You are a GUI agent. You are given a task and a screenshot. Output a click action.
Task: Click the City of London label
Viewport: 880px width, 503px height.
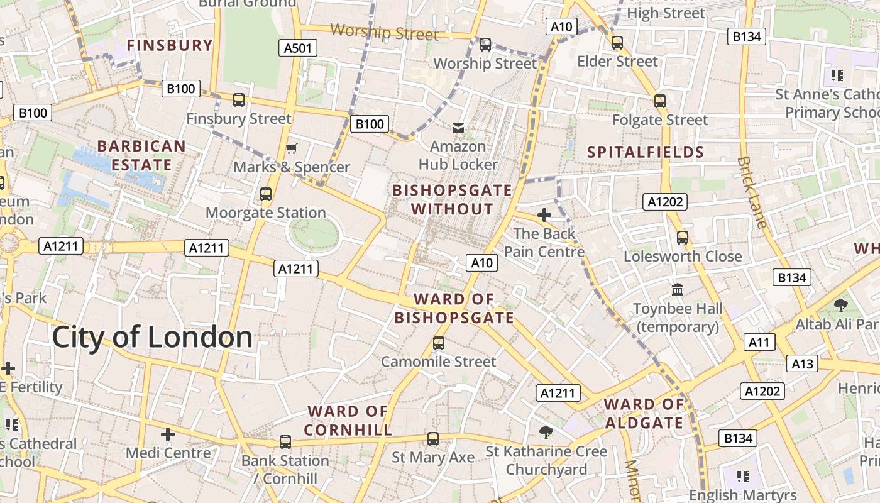pos(152,338)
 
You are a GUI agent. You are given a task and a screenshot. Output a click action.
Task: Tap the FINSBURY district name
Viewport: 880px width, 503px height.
pos(170,45)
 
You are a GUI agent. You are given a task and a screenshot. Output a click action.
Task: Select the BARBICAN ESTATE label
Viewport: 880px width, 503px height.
pos(141,155)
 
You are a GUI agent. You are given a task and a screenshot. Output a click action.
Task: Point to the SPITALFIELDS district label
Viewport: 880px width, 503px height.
pos(646,152)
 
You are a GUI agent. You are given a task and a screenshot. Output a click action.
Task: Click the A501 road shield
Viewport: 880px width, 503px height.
pos(298,48)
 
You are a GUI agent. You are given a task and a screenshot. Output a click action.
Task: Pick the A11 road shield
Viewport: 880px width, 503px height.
pos(759,342)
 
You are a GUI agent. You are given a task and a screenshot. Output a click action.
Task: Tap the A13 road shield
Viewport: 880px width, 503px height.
pos(802,363)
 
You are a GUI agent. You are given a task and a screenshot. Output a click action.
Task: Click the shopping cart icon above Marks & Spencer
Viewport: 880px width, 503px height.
pos(291,149)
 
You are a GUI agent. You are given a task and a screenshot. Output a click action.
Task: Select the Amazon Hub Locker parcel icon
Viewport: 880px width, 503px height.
pos(458,128)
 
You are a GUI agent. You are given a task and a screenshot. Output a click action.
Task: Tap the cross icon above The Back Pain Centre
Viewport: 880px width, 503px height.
pos(544,215)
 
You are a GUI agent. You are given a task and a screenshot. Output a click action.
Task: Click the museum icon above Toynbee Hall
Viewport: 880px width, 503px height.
pos(678,290)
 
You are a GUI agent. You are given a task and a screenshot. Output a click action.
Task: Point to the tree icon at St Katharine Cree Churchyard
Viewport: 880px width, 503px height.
pos(546,432)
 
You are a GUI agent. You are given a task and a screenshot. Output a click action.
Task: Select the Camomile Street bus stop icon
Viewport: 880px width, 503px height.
pos(439,343)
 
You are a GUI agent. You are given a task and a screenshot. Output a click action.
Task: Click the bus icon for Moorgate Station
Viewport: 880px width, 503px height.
pos(266,194)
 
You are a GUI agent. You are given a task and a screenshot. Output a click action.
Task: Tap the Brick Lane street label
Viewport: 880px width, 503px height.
pos(752,192)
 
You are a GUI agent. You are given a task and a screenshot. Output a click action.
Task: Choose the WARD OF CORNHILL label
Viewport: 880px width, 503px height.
pos(348,421)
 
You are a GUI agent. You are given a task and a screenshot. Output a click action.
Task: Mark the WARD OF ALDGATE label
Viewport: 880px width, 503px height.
pos(644,413)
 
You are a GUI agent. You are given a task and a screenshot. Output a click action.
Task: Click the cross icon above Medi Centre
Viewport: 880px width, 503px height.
pos(167,434)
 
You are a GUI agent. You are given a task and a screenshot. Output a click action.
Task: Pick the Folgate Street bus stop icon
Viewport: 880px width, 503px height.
pos(659,101)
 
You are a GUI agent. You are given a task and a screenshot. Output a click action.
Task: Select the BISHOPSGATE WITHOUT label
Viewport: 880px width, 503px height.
pos(452,199)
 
